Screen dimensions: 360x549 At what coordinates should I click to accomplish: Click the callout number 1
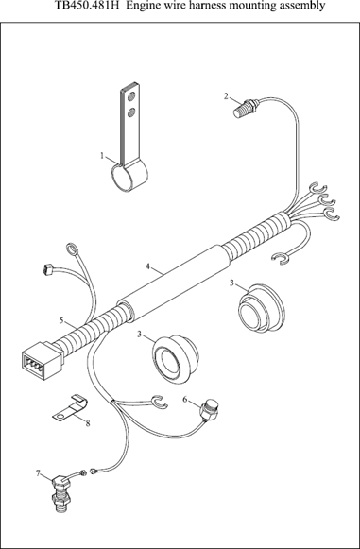pos(102,156)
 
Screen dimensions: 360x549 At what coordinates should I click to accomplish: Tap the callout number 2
pos(226,96)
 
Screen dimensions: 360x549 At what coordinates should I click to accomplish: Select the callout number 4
pos(147,266)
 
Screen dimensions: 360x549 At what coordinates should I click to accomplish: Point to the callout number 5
pos(61,320)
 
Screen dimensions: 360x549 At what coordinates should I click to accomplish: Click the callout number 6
pos(185,400)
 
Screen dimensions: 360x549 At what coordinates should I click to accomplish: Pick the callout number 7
pos(38,473)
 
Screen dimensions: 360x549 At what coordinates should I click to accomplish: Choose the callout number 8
pos(88,423)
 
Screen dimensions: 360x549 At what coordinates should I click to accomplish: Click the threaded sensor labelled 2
pos(246,108)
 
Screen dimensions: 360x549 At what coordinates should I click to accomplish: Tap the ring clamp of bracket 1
pos(129,178)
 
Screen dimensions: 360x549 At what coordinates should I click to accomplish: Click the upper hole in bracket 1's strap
pos(131,96)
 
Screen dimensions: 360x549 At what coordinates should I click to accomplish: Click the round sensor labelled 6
pos(209,410)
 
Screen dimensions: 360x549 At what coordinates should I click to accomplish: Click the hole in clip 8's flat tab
pos(60,417)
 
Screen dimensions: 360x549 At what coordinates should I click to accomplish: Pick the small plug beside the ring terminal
pos(47,270)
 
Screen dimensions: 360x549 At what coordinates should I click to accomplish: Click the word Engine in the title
pos(140,7)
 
